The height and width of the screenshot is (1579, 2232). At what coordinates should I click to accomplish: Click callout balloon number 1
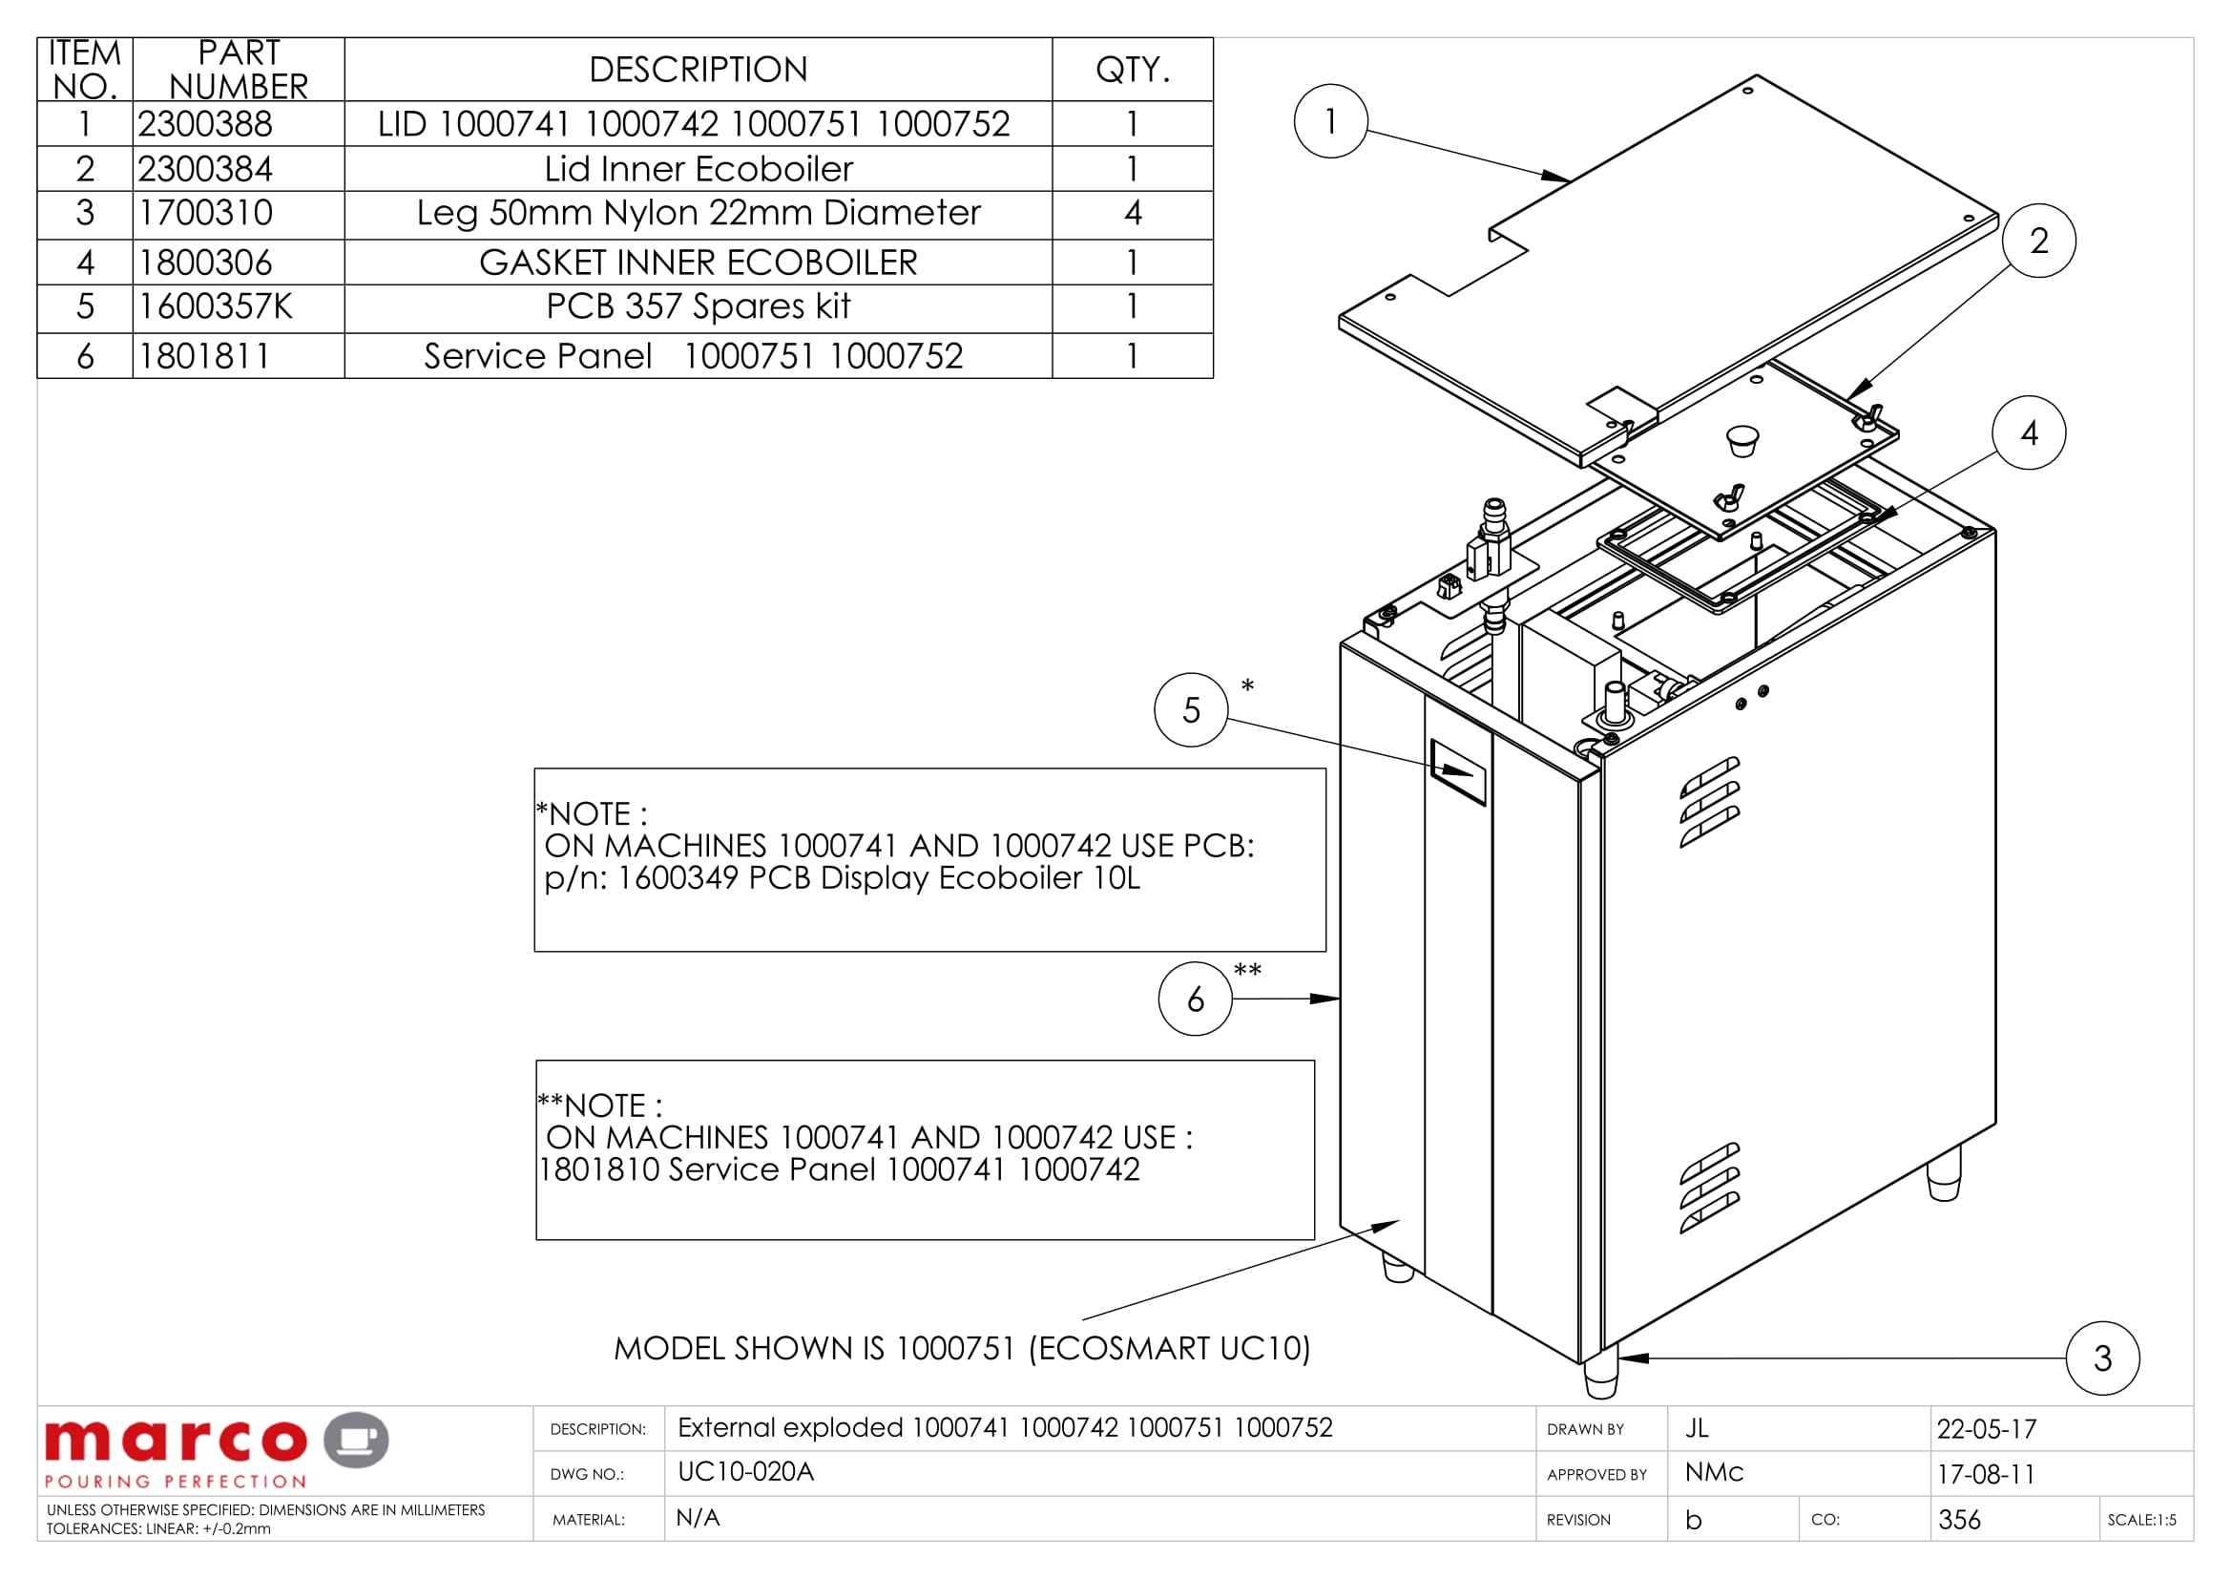(1331, 121)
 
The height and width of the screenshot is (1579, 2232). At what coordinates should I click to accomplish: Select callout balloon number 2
(2038, 241)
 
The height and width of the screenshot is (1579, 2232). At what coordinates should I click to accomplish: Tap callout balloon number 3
(2103, 1358)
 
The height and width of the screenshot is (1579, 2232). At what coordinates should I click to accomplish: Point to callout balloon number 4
(2029, 432)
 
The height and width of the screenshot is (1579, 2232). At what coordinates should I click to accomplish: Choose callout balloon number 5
(1191, 709)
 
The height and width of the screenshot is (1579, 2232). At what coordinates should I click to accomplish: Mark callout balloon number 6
(1196, 999)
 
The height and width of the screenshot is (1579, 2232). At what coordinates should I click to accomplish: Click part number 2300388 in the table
(205, 124)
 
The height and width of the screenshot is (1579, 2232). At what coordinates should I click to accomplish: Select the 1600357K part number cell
(215, 306)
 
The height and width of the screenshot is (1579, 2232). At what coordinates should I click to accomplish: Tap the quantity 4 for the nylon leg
(1133, 213)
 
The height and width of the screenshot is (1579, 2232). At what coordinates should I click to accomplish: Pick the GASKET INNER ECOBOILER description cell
(698, 263)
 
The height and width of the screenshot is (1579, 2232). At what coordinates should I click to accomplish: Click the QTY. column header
(1133, 70)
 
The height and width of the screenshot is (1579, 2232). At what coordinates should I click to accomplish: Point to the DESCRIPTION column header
(698, 70)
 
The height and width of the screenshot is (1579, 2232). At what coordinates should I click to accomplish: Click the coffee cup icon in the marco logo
(356, 1439)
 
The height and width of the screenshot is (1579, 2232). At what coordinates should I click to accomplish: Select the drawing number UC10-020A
(745, 1472)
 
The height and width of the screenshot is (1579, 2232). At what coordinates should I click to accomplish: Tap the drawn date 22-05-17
(1986, 1429)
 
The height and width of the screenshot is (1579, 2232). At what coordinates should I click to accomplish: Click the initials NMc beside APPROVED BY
(1714, 1472)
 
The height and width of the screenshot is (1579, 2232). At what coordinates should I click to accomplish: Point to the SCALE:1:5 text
(2141, 1520)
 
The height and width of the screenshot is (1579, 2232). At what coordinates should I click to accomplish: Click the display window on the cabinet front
(1458, 772)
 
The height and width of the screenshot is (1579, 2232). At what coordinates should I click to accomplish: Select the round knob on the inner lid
(1742, 440)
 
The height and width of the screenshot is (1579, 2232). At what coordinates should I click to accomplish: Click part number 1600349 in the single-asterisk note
(677, 878)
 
